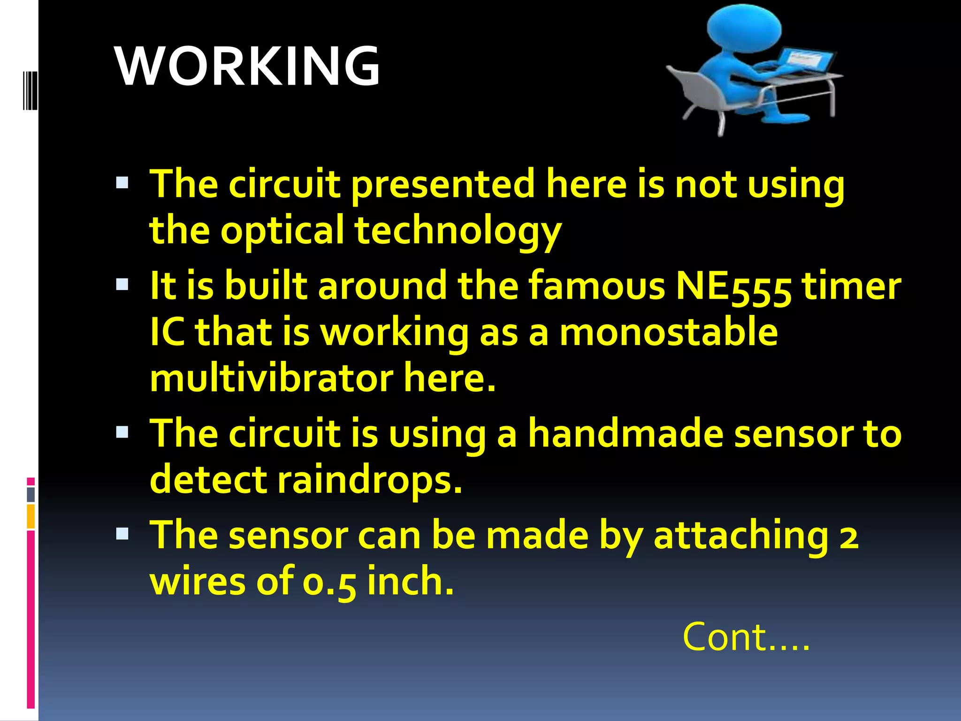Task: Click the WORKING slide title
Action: point(247,66)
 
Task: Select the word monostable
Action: point(669,332)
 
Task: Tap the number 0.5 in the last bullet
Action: point(329,582)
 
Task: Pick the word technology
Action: point(458,230)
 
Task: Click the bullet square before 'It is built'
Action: point(122,284)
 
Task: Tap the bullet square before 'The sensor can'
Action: point(122,533)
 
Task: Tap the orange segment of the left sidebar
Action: point(31,516)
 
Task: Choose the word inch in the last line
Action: point(411,581)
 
